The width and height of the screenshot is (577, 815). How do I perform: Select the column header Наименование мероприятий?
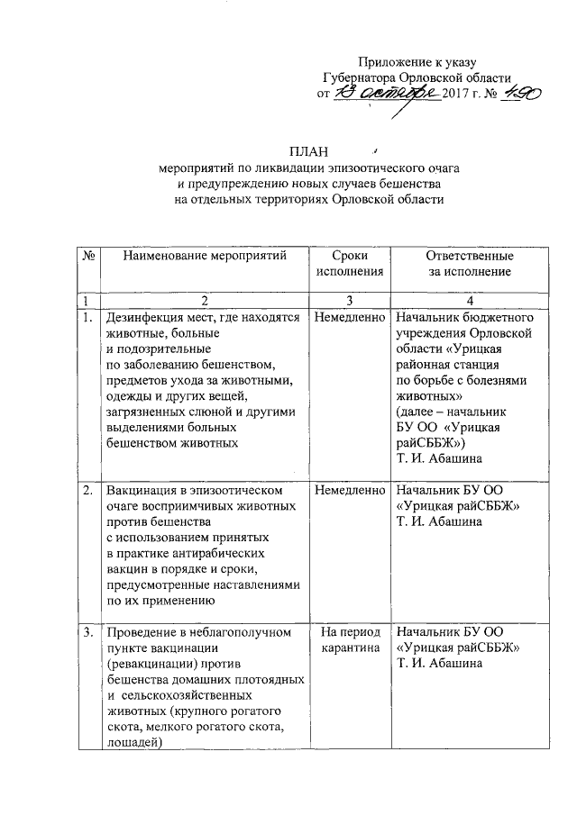[x=205, y=256]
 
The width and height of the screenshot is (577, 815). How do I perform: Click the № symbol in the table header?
[x=89, y=256]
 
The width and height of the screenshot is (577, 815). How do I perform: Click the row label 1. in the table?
[x=87, y=318]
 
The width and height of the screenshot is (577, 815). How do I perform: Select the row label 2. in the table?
[x=87, y=492]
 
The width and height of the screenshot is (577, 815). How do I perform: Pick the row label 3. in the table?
[x=87, y=632]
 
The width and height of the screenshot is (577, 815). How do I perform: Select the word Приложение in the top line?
[x=395, y=60]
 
